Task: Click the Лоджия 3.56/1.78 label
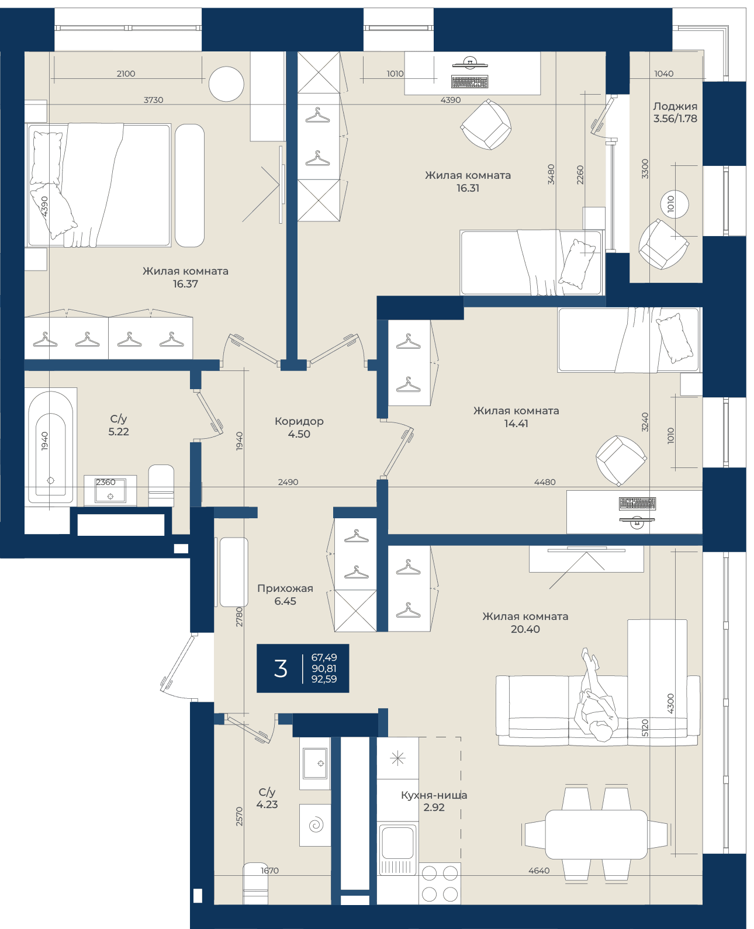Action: click(x=675, y=112)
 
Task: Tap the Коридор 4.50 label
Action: click(x=299, y=428)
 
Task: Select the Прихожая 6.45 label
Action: click(x=285, y=594)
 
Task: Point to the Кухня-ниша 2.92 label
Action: click(x=434, y=801)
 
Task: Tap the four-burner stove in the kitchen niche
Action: click(x=440, y=883)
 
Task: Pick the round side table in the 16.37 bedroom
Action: click(x=226, y=84)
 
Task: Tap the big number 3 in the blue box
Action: click(x=280, y=668)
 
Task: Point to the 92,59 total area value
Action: click(x=324, y=679)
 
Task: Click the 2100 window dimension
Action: click(x=126, y=74)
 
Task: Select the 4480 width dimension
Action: click(x=545, y=482)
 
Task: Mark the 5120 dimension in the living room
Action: click(x=645, y=728)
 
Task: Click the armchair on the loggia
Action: click(x=663, y=244)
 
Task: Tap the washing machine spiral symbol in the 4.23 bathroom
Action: click(x=316, y=825)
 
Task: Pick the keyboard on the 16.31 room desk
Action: click(x=469, y=82)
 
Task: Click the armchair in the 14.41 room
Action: click(x=621, y=460)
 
